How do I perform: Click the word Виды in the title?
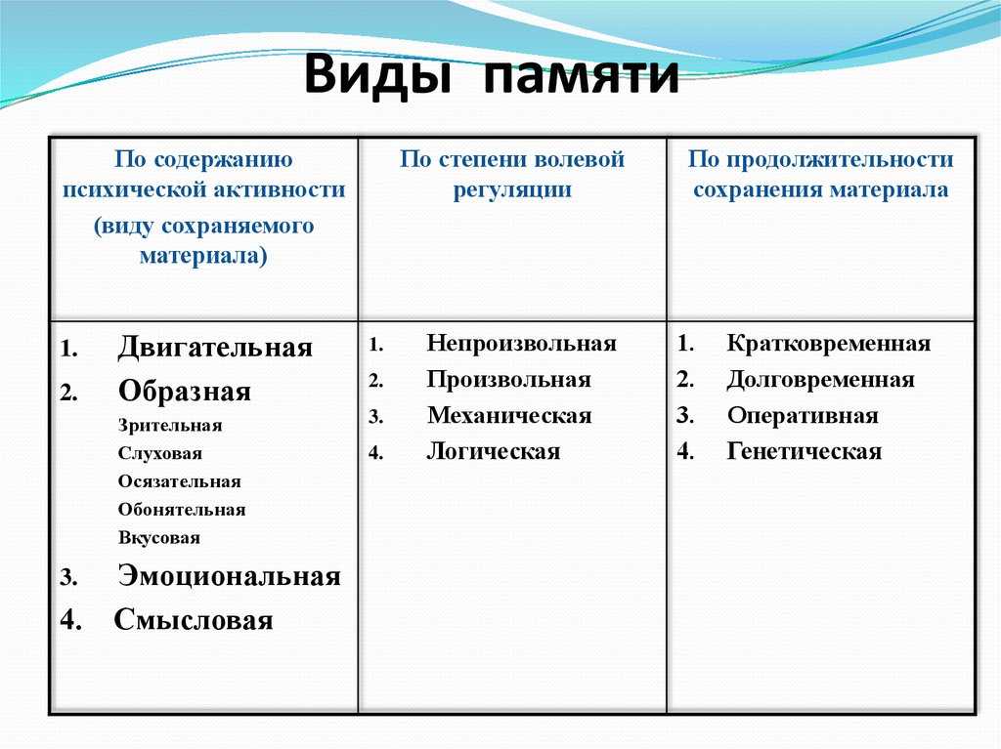pyautogui.click(x=378, y=74)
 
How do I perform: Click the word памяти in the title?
pyautogui.click(x=581, y=76)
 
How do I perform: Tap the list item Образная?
pyautogui.click(x=185, y=391)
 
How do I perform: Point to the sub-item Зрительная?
pyautogui.click(x=170, y=426)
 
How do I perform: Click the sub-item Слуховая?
pyautogui.click(x=159, y=454)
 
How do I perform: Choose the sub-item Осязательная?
pyautogui.click(x=180, y=481)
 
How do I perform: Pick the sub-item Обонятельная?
pyautogui.click(x=181, y=510)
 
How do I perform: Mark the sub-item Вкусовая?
pyautogui.click(x=159, y=537)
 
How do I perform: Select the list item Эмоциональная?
pyautogui.click(x=229, y=576)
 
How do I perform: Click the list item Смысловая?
pyautogui.click(x=194, y=620)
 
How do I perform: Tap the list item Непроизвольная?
pyautogui.click(x=522, y=343)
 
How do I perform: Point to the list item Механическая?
pyautogui.click(x=509, y=415)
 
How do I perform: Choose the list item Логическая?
pyautogui.click(x=494, y=452)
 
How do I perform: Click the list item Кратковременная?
pyautogui.click(x=829, y=343)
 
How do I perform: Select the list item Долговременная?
pyautogui.click(x=821, y=380)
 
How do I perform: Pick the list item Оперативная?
pyautogui.click(x=803, y=416)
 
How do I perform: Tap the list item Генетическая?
pyautogui.click(x=805, y=452)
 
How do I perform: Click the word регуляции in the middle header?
pyautogui.click(x=512, y=190)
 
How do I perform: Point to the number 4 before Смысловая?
pyautogui.click(x=70, y=620)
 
